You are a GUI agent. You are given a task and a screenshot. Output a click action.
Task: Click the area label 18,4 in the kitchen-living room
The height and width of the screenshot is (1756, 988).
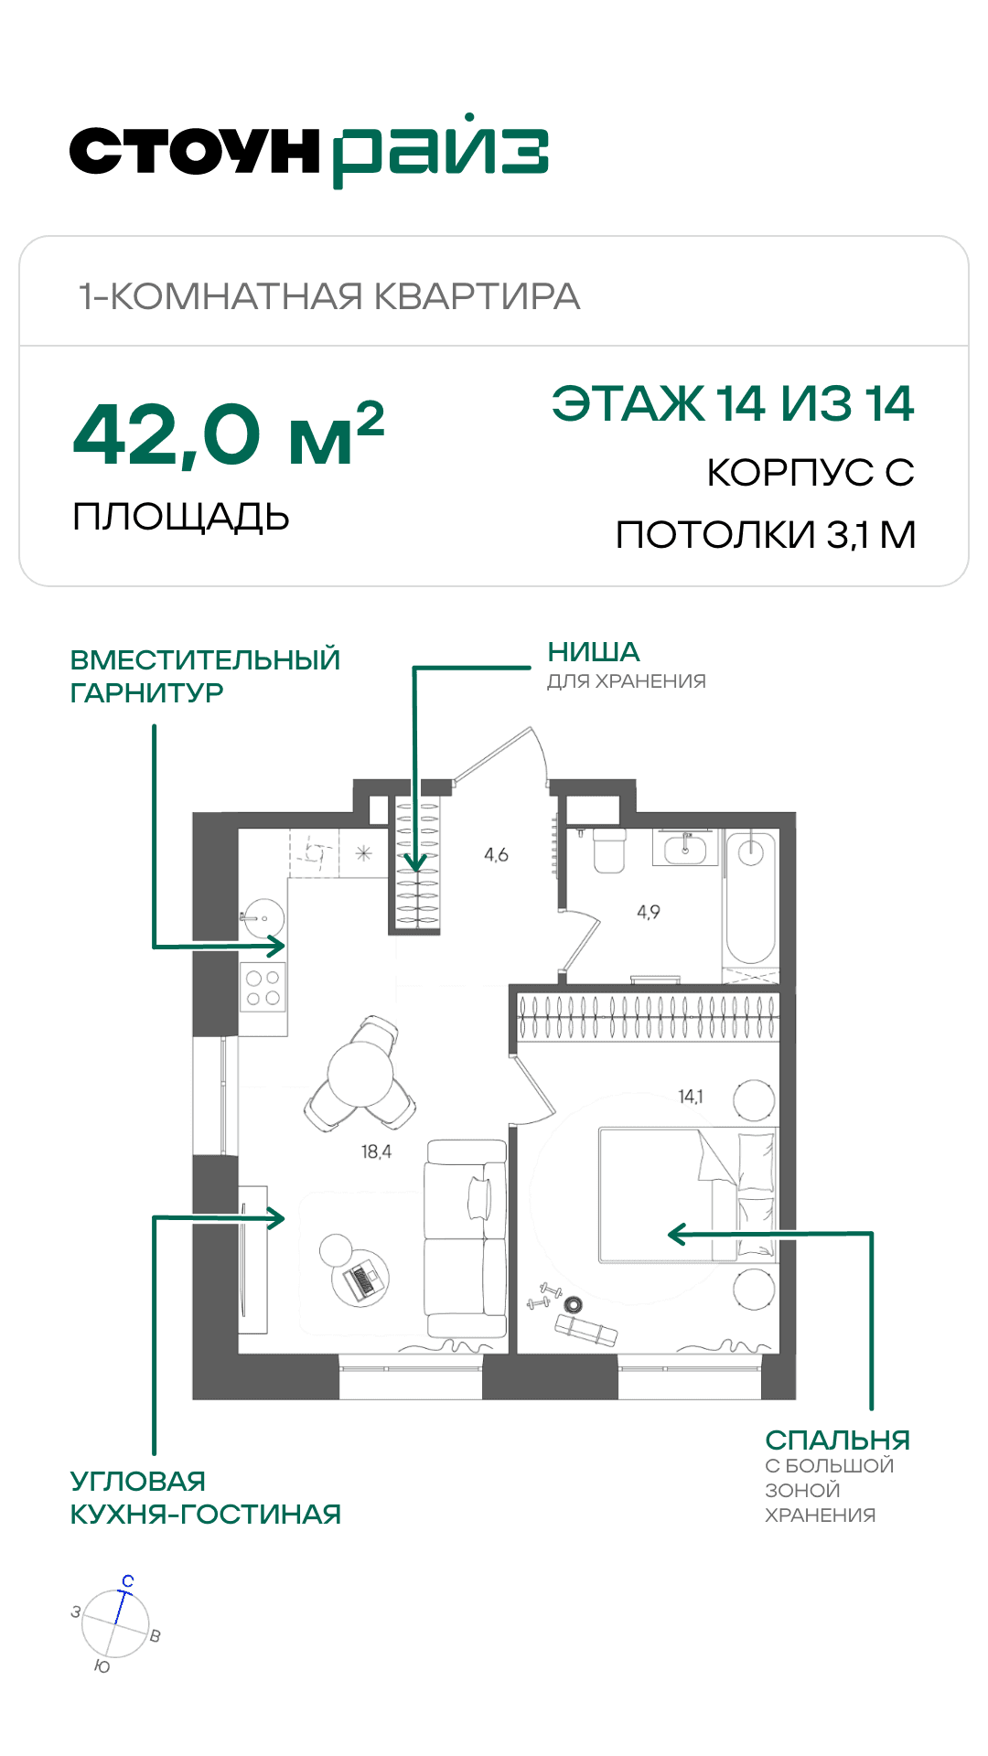coord(376,1152)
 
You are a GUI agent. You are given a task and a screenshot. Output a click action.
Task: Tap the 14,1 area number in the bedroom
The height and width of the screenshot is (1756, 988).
coord(691,1096)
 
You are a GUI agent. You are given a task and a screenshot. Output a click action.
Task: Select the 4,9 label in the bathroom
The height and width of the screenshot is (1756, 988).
coord(649,912)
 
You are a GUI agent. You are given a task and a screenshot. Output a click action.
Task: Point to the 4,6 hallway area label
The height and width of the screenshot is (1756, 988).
coord(496,855)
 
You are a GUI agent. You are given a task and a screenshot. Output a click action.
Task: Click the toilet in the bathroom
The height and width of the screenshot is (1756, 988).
coord(609,850)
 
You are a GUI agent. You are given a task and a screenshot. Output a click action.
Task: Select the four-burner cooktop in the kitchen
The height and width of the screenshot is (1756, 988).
coord(263,988)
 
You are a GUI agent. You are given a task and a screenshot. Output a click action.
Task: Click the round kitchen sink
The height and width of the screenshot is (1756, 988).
coord(263,917)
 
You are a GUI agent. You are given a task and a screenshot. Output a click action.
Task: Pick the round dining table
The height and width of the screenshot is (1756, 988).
coord(360,1075)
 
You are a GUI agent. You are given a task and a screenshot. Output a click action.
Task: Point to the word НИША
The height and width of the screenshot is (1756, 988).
coord(594,652)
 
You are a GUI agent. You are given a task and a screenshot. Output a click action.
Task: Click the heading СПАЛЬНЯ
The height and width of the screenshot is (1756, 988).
coord(838,1440)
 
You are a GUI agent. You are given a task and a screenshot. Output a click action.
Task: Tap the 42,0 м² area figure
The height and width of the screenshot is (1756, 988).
coord(229,435)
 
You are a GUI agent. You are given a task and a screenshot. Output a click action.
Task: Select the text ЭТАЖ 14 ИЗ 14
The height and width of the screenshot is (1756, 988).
coord(733,403)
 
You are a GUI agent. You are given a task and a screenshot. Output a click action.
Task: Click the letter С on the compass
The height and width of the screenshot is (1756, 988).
coord(128,1581)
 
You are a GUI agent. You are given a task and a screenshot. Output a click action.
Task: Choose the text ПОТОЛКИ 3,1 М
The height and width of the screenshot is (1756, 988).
coord(766,535)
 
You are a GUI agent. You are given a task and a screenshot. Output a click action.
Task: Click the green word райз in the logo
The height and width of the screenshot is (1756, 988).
coord(440,152)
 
